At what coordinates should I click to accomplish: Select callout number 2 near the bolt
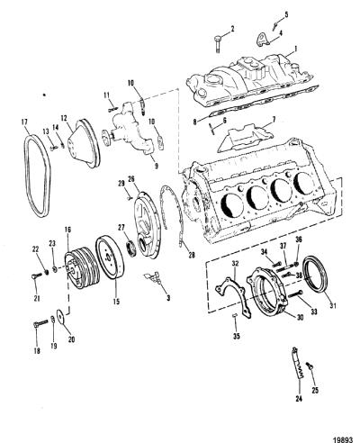(232, 29)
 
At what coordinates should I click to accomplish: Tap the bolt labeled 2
(218, 44)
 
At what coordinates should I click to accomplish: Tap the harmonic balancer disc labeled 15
(111, 258)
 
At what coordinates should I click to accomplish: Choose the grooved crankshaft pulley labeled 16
(81, 267)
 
